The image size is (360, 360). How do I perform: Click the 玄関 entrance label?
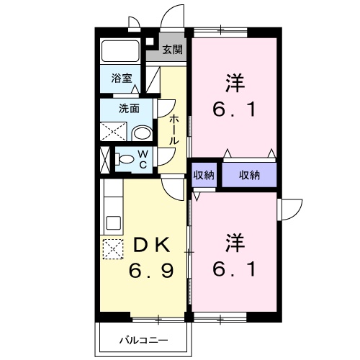[x=171, y=50]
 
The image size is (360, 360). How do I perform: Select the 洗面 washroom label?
[x=130, y=109]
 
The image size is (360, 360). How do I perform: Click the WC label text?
[x=143, y=158]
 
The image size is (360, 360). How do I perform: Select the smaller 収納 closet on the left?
[x=204, y=175]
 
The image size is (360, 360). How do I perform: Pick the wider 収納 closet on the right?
[x=249, y=175]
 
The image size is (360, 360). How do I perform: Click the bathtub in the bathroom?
[x=120, y=51]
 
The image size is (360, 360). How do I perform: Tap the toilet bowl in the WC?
[x=124, y=159]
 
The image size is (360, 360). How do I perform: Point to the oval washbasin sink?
[x=143, y=132]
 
